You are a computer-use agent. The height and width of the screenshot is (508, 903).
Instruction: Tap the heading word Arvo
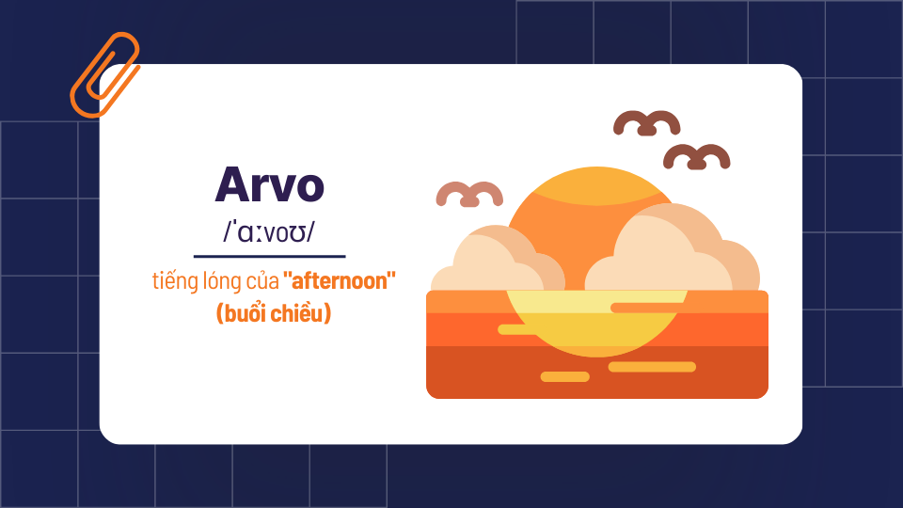tap(269, 185)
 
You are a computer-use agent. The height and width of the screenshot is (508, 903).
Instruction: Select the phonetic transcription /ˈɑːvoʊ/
tap(269, 233)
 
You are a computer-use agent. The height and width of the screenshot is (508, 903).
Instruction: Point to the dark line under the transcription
tap(269, 255)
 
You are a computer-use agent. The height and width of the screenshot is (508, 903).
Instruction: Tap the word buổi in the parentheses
tap(247, 313)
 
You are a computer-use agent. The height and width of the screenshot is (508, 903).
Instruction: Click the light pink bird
tap(469, 194)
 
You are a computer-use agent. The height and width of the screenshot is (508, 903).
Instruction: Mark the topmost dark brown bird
tap(647, 123)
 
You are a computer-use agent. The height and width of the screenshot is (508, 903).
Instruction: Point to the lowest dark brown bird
tap(697, 157)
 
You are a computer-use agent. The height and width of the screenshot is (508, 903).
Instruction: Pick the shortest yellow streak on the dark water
tap(564, 376)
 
